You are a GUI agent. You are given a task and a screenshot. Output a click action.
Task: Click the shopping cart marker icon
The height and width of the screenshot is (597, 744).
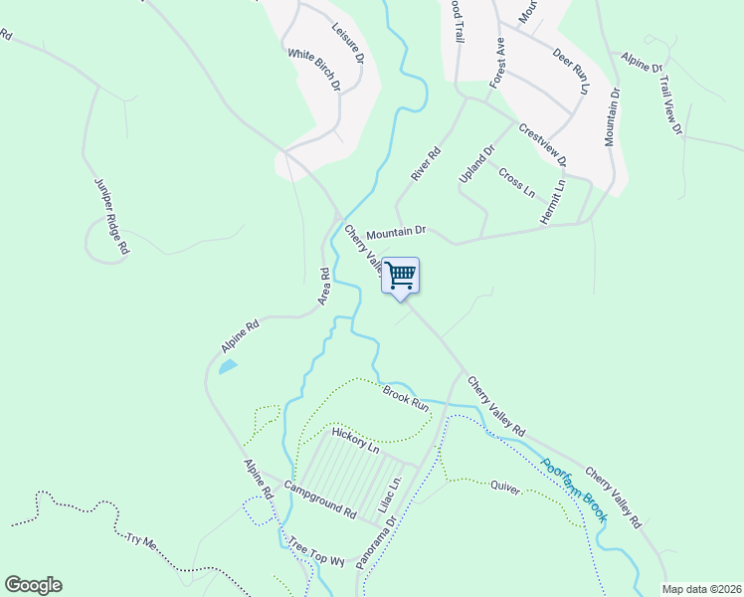(x=401, y=276)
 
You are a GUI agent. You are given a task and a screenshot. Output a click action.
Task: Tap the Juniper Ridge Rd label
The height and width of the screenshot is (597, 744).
(x=111, y=217)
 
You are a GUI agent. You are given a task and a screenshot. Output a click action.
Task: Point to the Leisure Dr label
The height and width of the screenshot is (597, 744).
(x=348, y=43)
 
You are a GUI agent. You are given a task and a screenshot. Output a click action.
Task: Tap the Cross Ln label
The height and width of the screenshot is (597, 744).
(x=516, y=181)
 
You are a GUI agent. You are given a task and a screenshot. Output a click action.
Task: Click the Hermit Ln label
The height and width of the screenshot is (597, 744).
(x=561, y=200)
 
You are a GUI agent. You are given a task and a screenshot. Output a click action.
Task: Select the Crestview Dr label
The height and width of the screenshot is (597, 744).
(x=543, y=145)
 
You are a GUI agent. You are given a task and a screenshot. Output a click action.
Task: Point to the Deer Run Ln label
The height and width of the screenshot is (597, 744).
(x=572, y=71)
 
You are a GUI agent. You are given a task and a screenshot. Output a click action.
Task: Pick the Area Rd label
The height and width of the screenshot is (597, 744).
(x=323, y=286)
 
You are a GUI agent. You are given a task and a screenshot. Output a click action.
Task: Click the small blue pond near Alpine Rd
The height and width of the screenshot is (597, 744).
(x=228, y=367)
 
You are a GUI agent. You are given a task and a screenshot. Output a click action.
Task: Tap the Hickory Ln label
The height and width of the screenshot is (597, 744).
(x=356, y=441)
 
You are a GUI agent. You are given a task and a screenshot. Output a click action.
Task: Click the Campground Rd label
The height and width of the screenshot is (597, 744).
(x=319, y=500)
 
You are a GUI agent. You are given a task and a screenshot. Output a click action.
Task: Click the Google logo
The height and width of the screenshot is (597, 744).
(x=33, y=585)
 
